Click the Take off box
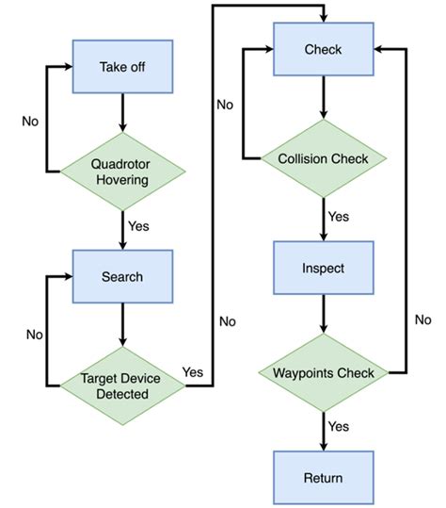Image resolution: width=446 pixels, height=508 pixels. coord(121,66)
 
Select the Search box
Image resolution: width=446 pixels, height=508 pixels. coord(121,276)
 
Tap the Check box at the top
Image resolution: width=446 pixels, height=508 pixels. coord(324,48)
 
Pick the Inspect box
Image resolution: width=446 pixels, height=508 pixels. coord(324,269)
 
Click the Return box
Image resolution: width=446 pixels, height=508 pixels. coord(324,478)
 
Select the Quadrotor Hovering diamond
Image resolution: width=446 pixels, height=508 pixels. coord(121,171)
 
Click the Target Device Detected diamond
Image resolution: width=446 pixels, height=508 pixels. coord(121,385)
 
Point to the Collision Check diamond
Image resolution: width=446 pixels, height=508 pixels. coord(324,158)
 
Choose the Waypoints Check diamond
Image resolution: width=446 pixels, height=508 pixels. coord(324,372)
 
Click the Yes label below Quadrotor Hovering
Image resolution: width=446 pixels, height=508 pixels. coord(138,226)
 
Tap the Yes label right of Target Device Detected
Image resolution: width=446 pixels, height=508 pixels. coord(192,371)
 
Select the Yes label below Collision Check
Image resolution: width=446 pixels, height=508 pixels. coord(339,217)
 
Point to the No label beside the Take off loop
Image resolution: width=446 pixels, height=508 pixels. coord(31,121)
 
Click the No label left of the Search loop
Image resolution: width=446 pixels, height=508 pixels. coord(34,334)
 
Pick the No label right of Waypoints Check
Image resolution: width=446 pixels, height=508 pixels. coord(422,320)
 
